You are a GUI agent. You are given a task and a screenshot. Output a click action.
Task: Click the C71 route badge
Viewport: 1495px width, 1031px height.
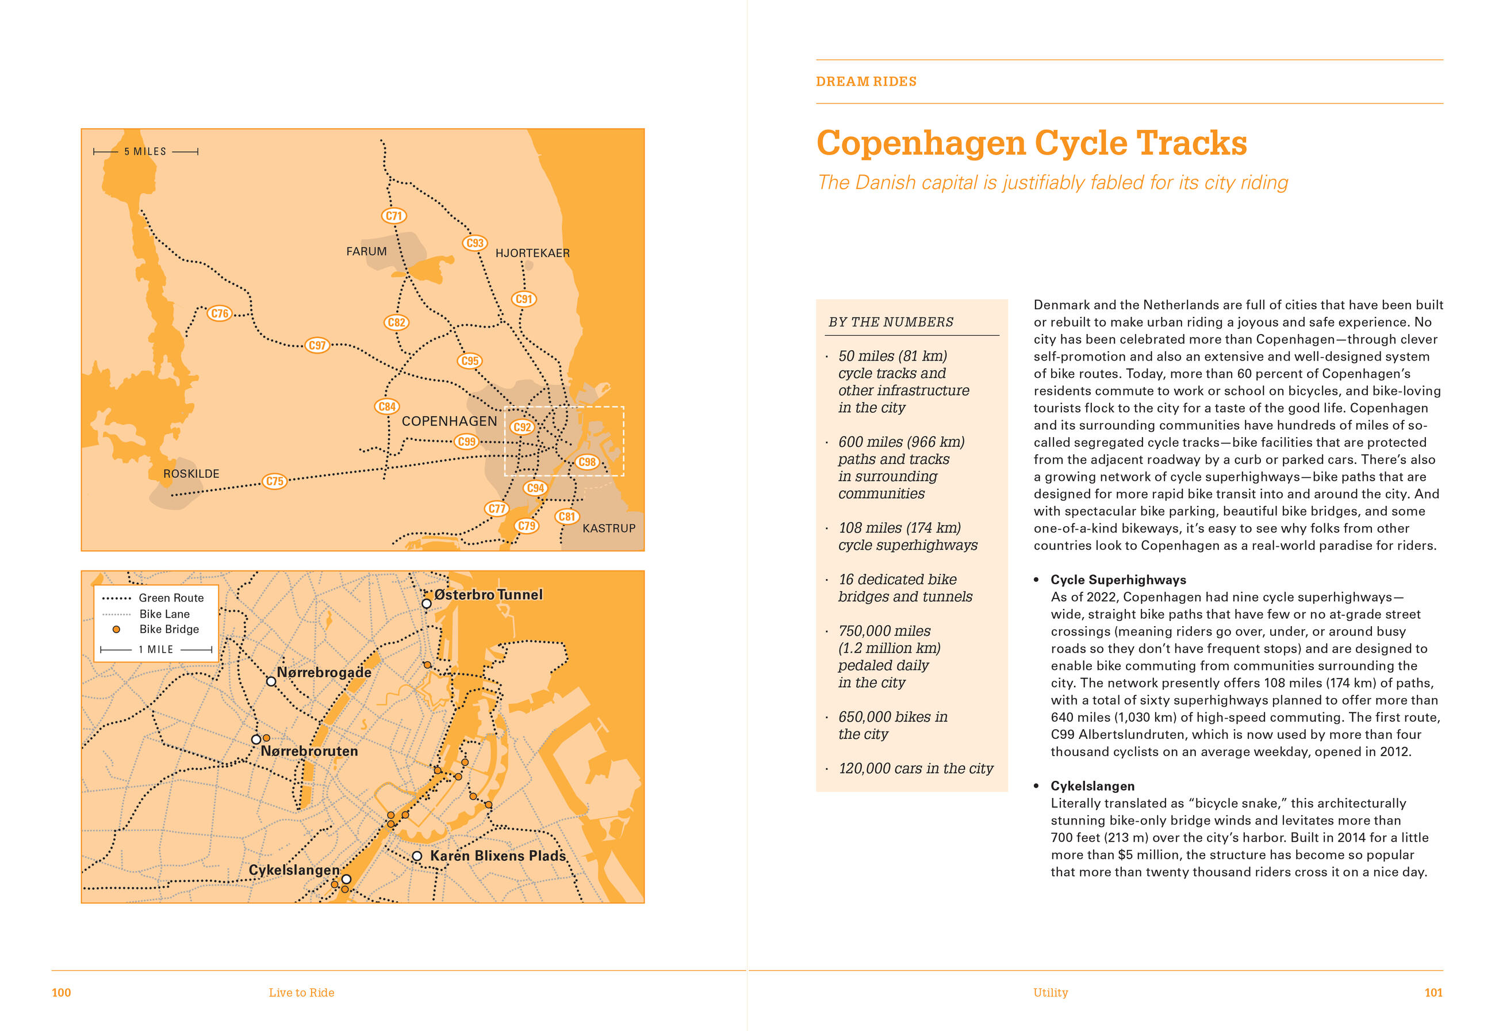point(393,216)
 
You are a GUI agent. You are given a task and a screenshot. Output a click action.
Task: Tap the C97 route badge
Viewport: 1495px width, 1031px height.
point(316,345)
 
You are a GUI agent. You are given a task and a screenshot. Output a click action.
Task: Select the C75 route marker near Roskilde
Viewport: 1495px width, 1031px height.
point(274,481)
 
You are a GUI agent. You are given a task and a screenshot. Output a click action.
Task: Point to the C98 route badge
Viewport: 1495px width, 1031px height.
point(586,462)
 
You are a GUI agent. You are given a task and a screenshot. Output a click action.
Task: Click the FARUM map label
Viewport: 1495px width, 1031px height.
point(366,251)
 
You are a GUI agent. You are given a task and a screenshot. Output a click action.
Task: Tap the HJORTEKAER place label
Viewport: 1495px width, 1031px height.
point(532,253)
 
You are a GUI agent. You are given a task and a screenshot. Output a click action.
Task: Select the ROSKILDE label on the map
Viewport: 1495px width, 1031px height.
point(191,473)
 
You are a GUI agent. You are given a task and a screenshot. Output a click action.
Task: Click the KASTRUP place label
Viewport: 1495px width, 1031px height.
point(608,528)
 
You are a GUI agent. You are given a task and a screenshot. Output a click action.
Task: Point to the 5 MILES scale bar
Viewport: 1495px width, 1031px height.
point(145,152)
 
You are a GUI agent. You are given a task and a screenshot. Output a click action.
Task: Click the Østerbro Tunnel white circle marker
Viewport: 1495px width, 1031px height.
point(426,603)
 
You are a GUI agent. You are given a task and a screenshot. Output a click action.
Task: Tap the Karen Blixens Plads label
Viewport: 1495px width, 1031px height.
point(497,856)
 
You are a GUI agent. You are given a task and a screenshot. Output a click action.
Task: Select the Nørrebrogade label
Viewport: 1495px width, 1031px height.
point(324,672)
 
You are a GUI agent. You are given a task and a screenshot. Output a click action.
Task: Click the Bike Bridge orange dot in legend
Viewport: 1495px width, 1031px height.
point(116,629)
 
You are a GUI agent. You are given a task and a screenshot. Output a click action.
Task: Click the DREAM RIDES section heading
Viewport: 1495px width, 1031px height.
point(865,82)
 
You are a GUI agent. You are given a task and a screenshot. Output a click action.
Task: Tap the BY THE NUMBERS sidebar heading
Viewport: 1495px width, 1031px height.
point(891,323)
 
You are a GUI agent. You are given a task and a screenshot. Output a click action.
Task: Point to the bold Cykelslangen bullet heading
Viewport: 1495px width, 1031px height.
point(1092,786)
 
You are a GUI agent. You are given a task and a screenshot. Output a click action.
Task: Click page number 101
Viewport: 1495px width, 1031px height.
point(1433,993)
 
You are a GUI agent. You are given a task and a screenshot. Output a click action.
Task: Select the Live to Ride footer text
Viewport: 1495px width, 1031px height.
point(301,993)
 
